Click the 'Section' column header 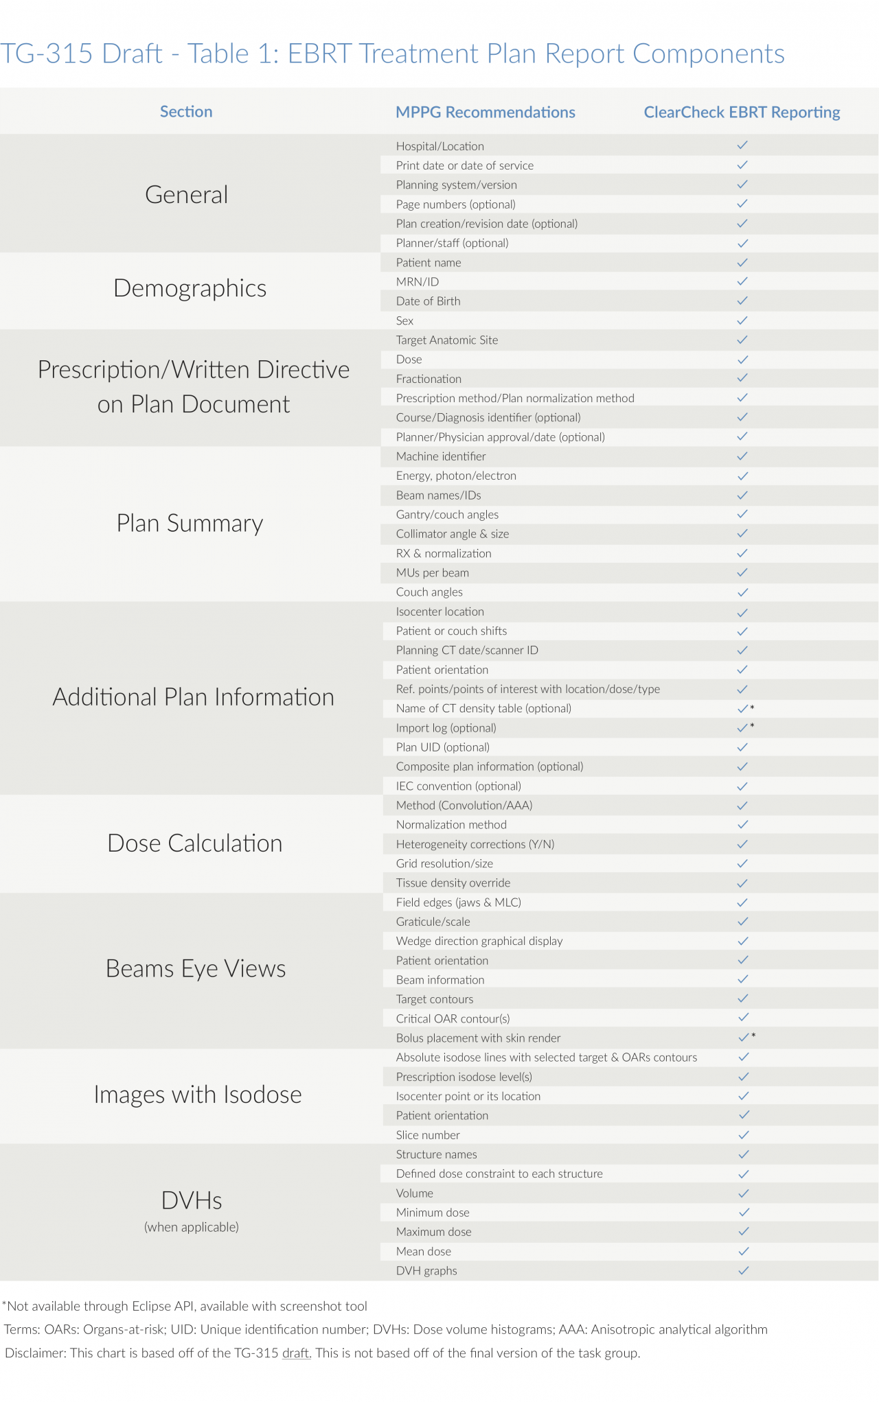tap(186, 112)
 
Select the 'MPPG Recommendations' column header tap(485, 113)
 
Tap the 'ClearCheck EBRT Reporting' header tap(742, 113)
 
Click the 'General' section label tap(186, 195)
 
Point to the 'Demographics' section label tap(190, 288)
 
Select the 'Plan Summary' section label tap(190, 524)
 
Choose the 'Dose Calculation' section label tap(194, 843)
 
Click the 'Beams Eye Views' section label tap(195, 969)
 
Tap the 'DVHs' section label tap(191, 1201)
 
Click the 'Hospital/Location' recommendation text tap(439, 146)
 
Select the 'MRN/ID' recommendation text tap(417, 282)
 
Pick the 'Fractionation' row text tap(429, 379)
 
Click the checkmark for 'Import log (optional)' tap(742, 727)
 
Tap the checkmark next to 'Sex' tap(742, 320)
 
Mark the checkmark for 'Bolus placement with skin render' tap(743, 1038)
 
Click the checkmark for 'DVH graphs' tap(743, 1270)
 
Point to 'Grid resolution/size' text tap(444, 863)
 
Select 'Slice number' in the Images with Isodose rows tap(428, 1135)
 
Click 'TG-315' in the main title tap(47, 54)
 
